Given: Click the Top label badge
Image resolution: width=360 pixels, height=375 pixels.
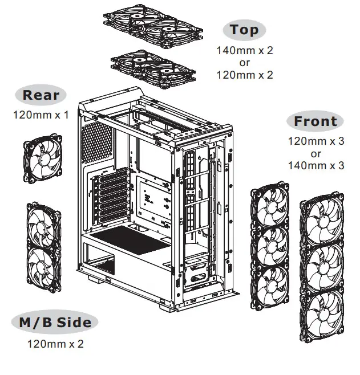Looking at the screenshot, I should click(244, 30).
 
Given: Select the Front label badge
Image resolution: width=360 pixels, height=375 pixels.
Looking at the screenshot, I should click(315, 121).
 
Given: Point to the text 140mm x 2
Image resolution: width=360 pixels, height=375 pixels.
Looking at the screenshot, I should click(244, 50).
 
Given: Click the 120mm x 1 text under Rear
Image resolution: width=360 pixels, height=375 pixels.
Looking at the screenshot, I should click(41, 115).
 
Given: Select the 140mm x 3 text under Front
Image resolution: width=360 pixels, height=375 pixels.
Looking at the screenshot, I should click(315, 166).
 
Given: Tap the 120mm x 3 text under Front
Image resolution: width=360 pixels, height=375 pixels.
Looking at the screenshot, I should click(315, 141).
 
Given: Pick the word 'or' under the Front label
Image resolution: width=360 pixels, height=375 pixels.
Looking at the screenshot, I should click(315, 153).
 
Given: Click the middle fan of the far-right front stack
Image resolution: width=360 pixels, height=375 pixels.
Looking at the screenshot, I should click(323, 264).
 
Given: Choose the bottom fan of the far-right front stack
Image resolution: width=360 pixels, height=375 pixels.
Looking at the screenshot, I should click(323, 313).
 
